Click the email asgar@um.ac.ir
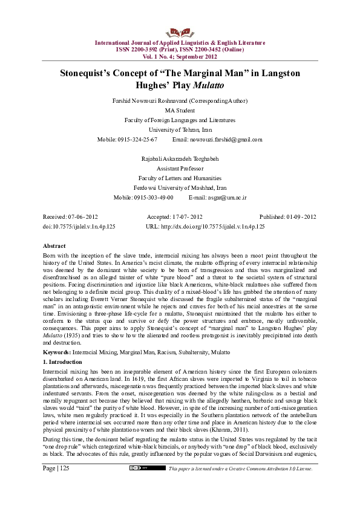pos(226,198)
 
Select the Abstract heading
pos(54,247)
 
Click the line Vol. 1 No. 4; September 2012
pos(180,56)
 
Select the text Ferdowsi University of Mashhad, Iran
pos(180,188)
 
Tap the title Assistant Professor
pos(180,169)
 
